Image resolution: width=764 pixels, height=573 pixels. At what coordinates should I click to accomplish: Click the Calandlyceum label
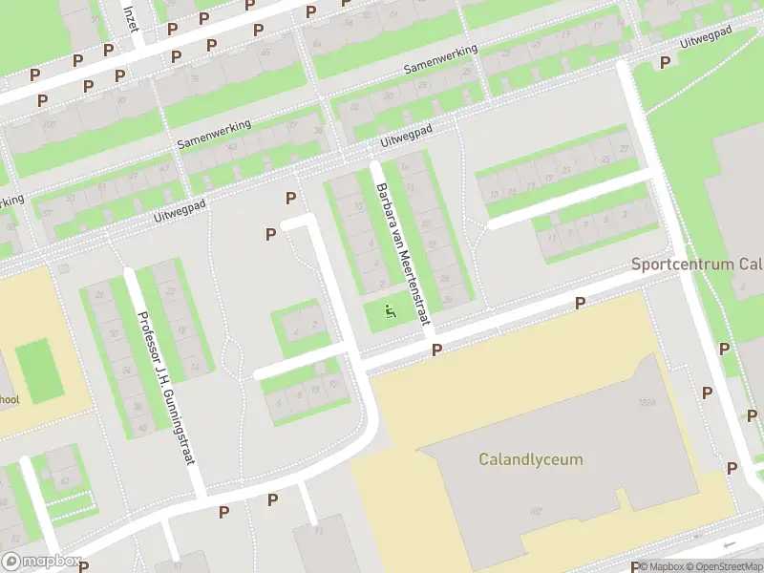click(530, 459)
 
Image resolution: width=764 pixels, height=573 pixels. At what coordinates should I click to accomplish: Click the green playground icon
click(389, 310)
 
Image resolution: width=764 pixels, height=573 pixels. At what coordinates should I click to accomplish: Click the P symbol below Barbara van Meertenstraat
click(436, 350)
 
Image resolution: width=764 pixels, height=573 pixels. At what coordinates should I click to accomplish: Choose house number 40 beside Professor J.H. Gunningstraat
click(143, 428)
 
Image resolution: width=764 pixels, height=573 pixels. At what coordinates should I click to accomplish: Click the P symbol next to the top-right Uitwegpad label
click(665, 61)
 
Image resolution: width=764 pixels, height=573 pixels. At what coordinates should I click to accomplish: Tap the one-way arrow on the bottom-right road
click(731, 544)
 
